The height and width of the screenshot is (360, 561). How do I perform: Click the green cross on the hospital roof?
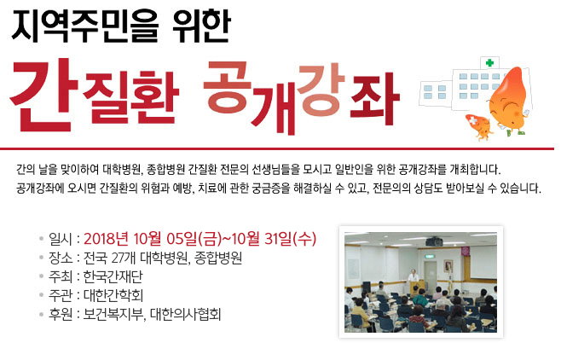point(489,63)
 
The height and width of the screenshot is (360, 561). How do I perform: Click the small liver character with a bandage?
point(479,126)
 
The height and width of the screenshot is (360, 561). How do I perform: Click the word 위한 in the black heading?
point(201,26)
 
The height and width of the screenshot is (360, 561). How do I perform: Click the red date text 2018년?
point(106,239)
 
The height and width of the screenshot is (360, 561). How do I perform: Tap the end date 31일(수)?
point(290,239)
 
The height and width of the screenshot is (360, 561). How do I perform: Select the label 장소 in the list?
point(61,258)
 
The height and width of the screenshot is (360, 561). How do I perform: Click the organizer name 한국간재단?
point(113,276)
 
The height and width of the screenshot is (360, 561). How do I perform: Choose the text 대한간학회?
point(113,295)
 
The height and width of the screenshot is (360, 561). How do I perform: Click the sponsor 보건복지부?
point(113,314)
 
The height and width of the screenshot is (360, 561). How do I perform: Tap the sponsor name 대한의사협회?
point(185,314)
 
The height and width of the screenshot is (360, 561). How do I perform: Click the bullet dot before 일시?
point(42,239)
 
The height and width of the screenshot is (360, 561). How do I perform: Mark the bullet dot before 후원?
point(42,315)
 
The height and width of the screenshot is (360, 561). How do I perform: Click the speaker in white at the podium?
point(414,276)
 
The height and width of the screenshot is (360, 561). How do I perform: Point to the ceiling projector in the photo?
point(434,241)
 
